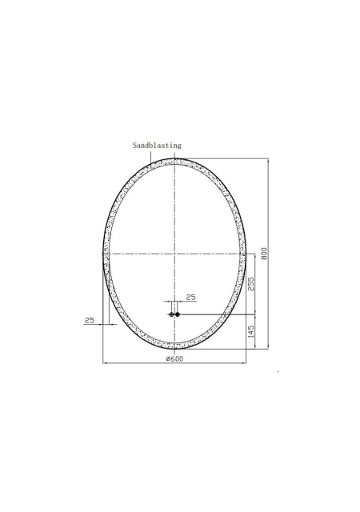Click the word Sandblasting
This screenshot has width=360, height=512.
coord(157,146)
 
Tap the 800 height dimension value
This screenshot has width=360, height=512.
coord(264,254)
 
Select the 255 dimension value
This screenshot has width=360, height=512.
coord(251,284)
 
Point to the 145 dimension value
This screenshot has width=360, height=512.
coord(251,331)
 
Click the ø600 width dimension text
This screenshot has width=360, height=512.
coord(174,358)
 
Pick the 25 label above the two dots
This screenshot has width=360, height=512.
coord(190,297)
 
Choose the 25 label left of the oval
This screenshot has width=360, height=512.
coord(90,320)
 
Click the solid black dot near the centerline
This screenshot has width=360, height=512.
coord(178,314)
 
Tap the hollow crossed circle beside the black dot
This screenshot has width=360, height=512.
coord(171,314)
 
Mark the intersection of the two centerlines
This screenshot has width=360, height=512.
coord(174,254)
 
